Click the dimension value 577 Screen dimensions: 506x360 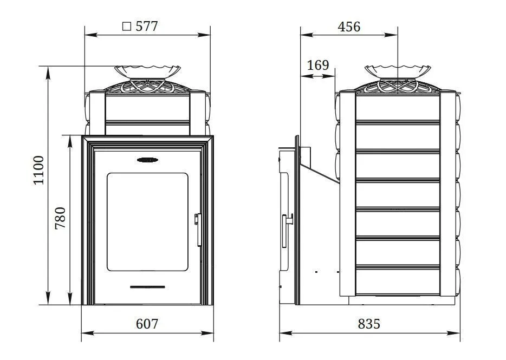(x=147, y=27)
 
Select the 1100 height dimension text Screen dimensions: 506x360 (x=38, y=170)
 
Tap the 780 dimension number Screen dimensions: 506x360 (x=60, y=218)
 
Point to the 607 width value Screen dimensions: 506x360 (x=147, y=324)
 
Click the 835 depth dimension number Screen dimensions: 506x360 (x=369, y=324)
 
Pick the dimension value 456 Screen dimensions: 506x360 (x=349, y=27)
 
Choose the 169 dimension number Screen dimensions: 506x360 (x=318, y=65)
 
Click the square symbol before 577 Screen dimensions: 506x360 (x=127, y=27)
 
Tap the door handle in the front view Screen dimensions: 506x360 (x=198, y=230)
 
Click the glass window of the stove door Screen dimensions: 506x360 (x=147, y=222)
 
